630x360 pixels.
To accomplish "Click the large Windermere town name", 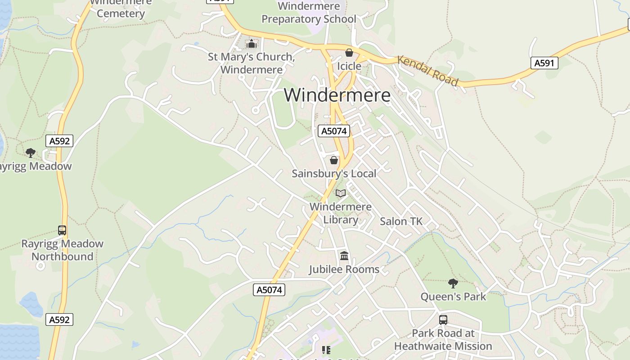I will (x=337, y=95).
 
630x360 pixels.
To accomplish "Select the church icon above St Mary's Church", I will (x=251, y=44).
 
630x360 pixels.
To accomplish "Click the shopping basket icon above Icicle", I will (x=349, y=53).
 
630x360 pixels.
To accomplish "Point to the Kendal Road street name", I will (x=427, y=71).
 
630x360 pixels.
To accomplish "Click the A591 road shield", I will (x=544, y=63).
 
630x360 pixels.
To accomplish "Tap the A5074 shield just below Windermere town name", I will (x=333, y=131).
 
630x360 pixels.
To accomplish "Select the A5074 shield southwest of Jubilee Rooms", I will (x=269, y=290).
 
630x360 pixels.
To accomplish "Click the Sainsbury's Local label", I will (x=334, y=174).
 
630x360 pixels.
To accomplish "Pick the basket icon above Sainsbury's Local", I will (x=334, y=160).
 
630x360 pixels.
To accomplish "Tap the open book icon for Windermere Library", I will (x=341, y=193).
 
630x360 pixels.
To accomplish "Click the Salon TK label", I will (x=401, y=221).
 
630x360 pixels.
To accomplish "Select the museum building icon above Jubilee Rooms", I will (x=344, y=256).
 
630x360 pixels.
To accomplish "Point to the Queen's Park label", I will (x=453, y=297).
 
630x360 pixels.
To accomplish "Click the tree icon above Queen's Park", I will (x=453, y=283).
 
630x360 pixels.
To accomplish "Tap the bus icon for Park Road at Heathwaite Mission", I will (x=443, y=320).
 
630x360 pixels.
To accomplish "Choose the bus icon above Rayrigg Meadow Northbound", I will (x=62, y=230).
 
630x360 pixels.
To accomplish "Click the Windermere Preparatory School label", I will (x=309, y=13).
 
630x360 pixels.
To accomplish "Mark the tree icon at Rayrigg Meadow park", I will (x=30, y=153).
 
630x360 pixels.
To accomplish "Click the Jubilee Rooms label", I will (x=344, y=270).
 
